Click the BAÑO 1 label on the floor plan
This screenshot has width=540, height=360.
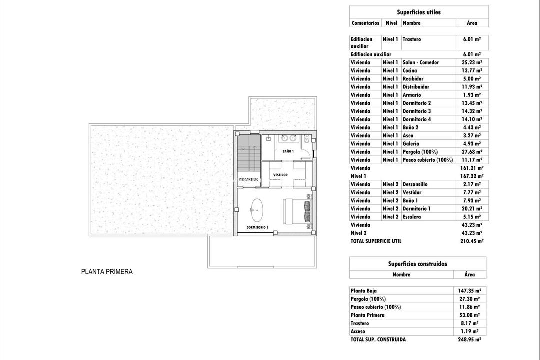tap(288, 151)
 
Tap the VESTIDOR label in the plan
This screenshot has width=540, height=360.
tap(280, 175)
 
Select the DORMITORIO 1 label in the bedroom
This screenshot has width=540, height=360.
tap(257, 227)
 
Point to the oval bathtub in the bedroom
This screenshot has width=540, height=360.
tap(257, 210)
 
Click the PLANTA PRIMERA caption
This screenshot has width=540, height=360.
tap(107, 272)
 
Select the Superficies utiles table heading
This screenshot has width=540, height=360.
tap(419, 12)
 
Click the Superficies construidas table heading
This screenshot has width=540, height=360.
tap(417, 264)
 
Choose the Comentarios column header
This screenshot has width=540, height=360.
tap(365, 23)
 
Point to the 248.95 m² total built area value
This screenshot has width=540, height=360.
tap(469, 339)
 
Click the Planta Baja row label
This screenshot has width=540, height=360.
tap(364, 291)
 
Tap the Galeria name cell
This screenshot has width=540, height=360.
tap(411, 144)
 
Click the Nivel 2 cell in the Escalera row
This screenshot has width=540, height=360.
tap(390, 217)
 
